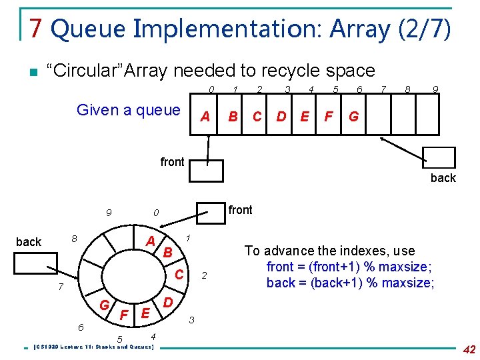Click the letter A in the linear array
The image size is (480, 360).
point(205,117)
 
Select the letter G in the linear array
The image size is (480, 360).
point(353,117)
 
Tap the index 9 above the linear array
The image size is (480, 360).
point(435,89)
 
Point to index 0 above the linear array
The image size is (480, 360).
point(211,89)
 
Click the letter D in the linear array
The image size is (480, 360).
point(281,117)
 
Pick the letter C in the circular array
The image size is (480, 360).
point(179,273)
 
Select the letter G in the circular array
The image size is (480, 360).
point(105,306)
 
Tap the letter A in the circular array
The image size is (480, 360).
point(151,241)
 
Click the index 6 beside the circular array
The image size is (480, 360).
point(81,327)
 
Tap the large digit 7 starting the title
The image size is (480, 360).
point(36,29)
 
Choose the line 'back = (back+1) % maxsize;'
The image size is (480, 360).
point(350,283)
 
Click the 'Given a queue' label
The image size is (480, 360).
point(129,110)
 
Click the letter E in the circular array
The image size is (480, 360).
point(145,312)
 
